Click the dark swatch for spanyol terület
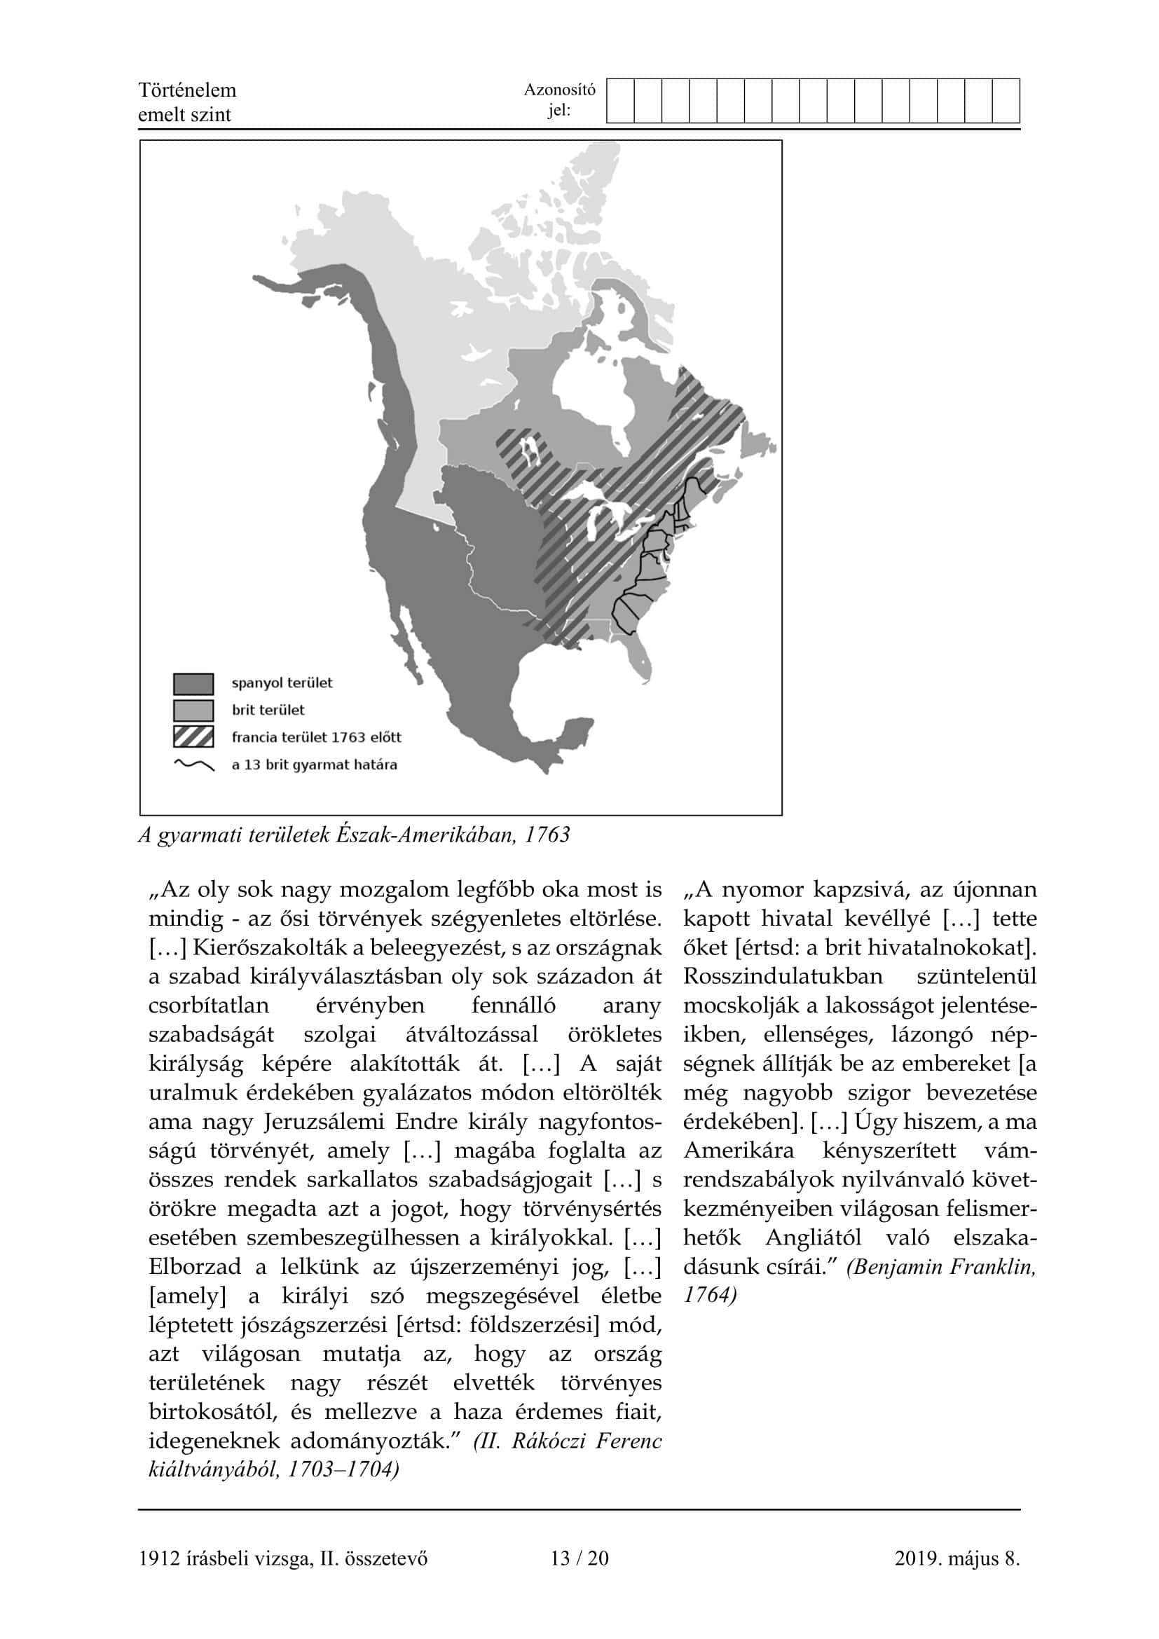pos(193,683)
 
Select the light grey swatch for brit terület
pos(193,711)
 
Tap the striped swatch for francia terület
pos(193,736)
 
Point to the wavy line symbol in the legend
pos(193,764)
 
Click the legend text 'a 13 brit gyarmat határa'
pos(314,764)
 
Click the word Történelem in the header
pos(187,90)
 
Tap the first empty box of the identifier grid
pos(620,102)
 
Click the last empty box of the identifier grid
pos(1006,102)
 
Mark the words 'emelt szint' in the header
pos(184,115)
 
